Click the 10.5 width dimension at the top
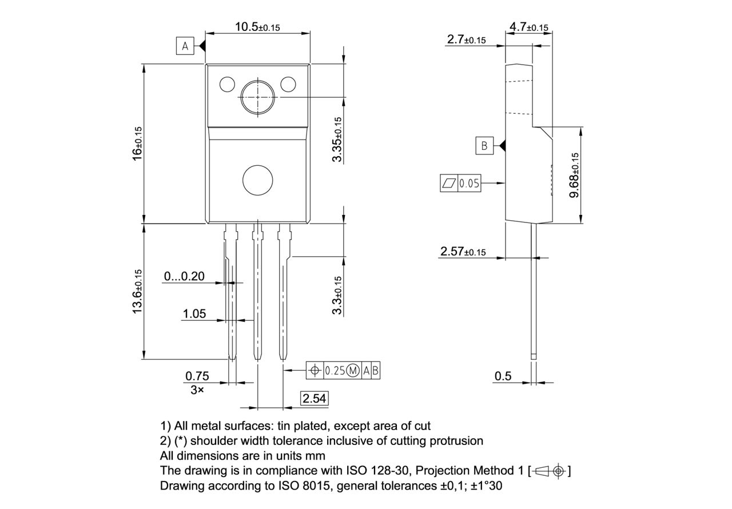pos(257,27)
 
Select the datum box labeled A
pos(185,46)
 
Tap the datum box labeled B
pos(484,146)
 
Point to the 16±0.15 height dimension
pos(137,143)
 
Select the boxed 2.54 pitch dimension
pos(315,399)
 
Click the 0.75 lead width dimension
pos(197,376)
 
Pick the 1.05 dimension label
pos(194,314)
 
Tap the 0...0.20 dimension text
pos(184,277)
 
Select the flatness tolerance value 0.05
pos(469,184)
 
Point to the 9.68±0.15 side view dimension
pos(574,174)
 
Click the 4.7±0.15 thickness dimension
pos(528,27)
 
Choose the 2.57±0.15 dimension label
pos(463,252)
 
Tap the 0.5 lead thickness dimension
pos(503,376)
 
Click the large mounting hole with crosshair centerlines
pos(258,97)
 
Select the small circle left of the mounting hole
pos(227,85)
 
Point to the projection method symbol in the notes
pos(550,471)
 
